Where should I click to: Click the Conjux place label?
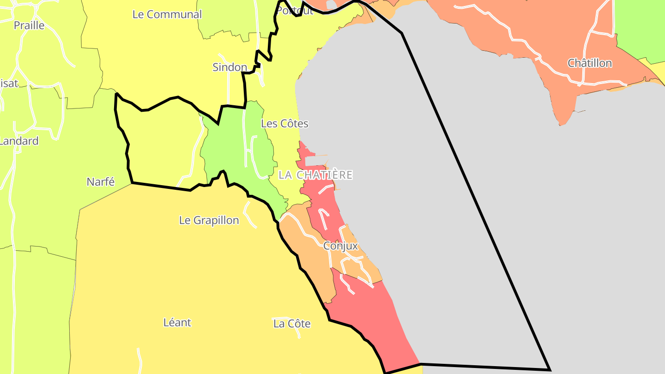click(340, 246)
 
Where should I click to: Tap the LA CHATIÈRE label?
click(316, 175)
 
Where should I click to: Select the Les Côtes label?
click(284, 124)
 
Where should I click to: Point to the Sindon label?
click(230, 67)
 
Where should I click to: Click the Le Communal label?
click(167, 14)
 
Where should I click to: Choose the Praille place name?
click(29, 25)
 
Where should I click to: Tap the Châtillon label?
click(590, 63)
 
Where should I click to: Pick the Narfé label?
click(101, 182)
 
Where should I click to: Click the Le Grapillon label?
click(209, 220)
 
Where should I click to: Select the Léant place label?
click(177, 322)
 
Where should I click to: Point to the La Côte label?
click(292, 324)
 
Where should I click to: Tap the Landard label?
click(19, 141)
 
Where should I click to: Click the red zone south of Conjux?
click(369, 314)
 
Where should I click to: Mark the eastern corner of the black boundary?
click(550, 369)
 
